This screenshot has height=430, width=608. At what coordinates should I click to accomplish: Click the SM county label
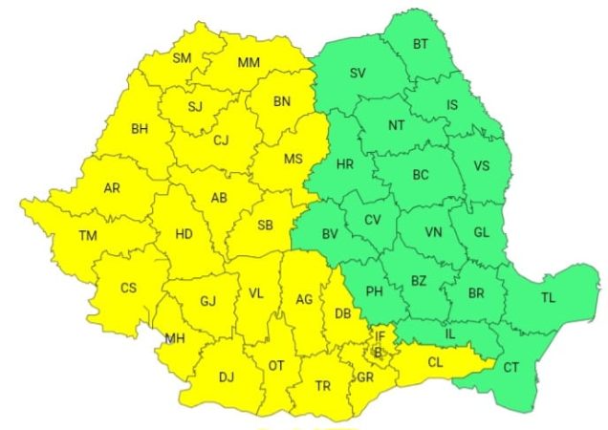[x=182, y=58]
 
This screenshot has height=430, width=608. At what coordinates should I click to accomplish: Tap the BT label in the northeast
[x=421, y=44]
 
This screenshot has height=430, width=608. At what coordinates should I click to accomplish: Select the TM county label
[x=88, y=235]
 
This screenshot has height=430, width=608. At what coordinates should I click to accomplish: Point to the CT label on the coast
[x=511, y=367]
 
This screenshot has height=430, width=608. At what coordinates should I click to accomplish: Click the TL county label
[x=547, y=298]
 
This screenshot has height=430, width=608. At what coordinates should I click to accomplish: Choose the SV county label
[x=358, y=73]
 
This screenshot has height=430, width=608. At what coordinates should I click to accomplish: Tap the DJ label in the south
[x=227, y=376]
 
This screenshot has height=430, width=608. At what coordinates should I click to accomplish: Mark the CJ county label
[x=221, y=140]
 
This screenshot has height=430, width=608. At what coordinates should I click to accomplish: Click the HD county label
[x=186, y=232]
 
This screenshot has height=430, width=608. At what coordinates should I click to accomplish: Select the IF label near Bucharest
[x=380, y=335]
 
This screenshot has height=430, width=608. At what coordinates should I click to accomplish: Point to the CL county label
[x=435, y=362]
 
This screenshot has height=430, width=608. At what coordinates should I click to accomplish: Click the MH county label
[x=175, y=338]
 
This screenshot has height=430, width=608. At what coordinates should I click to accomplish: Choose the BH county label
[x=140, y=127]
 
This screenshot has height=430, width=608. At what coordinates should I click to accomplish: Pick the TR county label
[x=322, y=386]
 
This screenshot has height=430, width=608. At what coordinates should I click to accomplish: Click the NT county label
[x=397, y=125]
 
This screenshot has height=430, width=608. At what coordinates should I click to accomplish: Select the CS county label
[x=128, y=287]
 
